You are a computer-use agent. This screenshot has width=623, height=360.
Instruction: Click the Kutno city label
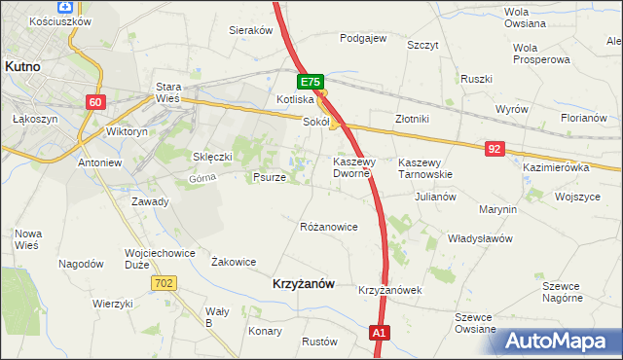[x=21, y=66]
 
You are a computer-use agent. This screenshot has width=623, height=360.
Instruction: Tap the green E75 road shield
[x=310, y=84]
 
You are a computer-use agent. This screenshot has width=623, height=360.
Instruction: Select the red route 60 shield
[x=94, y=102]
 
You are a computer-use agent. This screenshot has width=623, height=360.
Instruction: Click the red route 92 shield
[x=495, y=148]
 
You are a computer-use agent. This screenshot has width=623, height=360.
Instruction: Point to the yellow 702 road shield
[x=164, y=282]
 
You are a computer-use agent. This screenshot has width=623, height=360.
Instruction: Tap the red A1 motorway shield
[x=381, y=334]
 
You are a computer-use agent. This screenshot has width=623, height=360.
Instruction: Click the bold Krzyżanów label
[x=300, y=284]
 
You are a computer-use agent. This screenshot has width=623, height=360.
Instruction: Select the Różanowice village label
[x=328, y=227]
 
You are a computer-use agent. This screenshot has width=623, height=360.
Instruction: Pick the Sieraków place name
[x=250, y=30]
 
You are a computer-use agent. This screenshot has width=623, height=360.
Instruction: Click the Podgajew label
[x=363, y=39]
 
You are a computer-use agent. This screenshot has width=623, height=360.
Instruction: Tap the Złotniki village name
[x=412, y=119]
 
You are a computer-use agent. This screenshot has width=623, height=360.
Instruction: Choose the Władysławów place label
[x=479, y=237]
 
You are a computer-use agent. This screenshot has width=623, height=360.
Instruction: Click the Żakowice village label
[x=234, y=262]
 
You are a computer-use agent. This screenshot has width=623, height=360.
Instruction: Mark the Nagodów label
[x=81, y=264]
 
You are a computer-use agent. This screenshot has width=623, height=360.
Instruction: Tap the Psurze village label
[x=269, y=178]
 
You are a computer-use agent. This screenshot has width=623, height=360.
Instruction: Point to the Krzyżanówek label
[x=388, y=290]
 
